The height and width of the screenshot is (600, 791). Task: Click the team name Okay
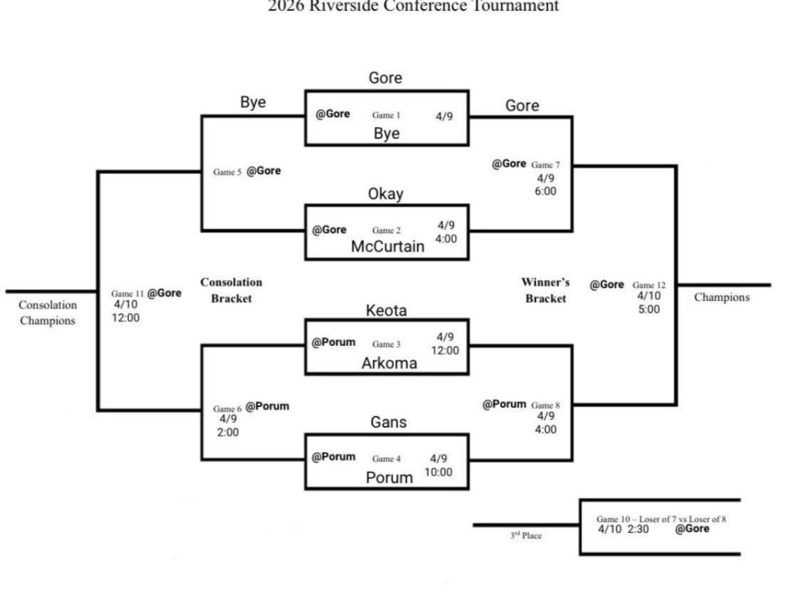[385, 194]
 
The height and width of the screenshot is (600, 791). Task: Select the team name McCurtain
[388, 246]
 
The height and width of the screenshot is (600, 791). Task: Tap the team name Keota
[386, 310]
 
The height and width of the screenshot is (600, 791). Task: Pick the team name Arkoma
[389, 363]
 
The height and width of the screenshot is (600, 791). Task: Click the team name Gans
[389, 422]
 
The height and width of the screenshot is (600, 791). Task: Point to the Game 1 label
[386, 115]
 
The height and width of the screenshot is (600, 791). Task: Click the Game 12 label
[649, 285]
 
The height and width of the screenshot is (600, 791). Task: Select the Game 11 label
[127, 293]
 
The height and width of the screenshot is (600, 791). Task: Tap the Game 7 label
[545, 164]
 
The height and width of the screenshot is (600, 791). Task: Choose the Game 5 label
[227, 172]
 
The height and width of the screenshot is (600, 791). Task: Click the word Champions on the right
[721, 297]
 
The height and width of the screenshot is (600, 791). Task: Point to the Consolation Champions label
[48, 313]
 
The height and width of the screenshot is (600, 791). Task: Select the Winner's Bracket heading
[545, 290]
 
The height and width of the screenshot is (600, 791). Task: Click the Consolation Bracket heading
[231, 290]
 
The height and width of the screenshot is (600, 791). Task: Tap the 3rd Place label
[525, 535]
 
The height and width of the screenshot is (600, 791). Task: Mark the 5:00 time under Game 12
[649, 309]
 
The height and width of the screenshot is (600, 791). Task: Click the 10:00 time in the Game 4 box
[439, 472]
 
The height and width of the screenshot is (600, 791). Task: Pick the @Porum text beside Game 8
[504, 404]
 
